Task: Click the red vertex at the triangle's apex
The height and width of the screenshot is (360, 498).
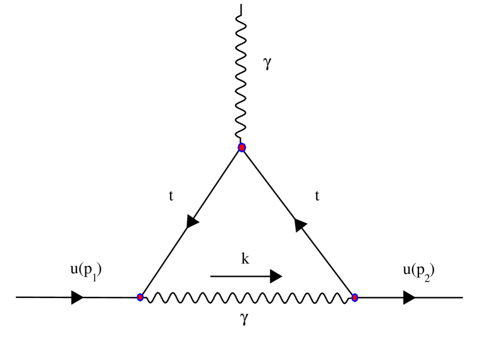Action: coord(241,147)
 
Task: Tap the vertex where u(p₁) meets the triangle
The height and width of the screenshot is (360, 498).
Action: coord(140,297)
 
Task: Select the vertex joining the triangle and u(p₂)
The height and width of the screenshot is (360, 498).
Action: coord(355,297)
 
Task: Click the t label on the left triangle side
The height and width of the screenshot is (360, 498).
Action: coord(171,196)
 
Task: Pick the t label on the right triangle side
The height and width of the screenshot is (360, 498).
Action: coord(317,196)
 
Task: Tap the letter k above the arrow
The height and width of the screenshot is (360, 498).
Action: coord(244,259)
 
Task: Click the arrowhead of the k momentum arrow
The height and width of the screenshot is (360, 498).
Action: coord(275,276)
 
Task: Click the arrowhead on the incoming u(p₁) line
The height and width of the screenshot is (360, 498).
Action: coord(77,297)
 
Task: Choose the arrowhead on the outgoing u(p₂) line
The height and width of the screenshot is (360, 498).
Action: coord(409,297)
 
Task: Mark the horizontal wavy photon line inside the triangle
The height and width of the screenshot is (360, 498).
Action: coord(246,297)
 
